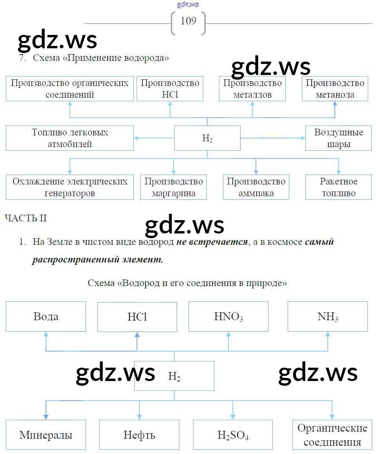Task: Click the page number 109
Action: click(188, 21)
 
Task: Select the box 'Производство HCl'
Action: click(170, 89)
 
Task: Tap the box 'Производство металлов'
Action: click(252, 89)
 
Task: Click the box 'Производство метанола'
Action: click(335, 89)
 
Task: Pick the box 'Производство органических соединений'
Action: click(70, 89)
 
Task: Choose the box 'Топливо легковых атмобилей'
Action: click(70, 138)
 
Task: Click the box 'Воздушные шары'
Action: click(338, 138)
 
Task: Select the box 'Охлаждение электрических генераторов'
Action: click(70, 187)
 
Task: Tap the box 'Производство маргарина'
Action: click(173, 187)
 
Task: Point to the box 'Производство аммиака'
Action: click(256, 187)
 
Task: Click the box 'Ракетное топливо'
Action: click(338, 187)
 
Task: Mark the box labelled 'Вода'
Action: click(46, 317)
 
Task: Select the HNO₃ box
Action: click(228, 317)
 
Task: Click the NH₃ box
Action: click(328, 317)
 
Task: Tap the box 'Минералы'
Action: click(46, 435)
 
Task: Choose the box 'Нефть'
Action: click(139, 435)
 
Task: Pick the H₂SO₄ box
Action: click(233, 435)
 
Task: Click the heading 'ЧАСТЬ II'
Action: click(26, 218)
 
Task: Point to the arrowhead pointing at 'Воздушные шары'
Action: click(303, 138)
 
